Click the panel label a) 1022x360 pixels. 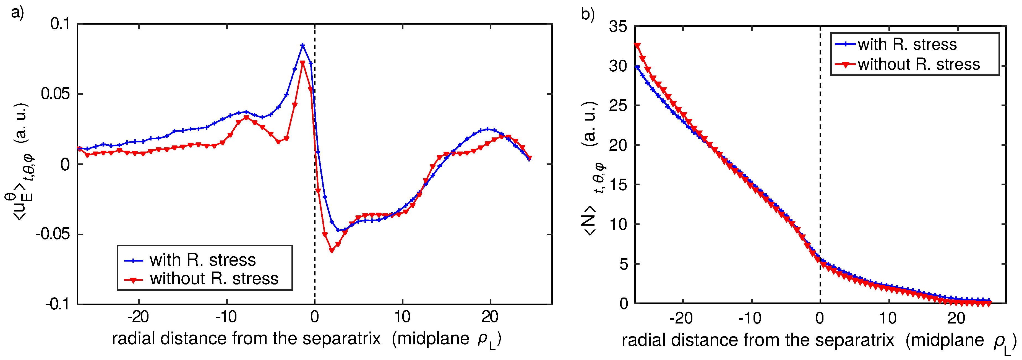point(17,13)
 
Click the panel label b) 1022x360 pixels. point(588,14)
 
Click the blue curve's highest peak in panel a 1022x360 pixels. point(303,45)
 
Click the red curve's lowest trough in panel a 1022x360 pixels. point(332,251)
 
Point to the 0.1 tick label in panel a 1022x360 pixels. point(59,24)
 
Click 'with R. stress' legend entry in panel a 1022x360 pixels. point(202,260)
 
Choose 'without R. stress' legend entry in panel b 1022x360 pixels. point(919,64)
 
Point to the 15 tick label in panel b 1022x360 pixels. point(618,185)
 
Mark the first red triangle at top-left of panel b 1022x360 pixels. point(638,46)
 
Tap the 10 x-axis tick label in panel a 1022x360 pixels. point(402,317)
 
